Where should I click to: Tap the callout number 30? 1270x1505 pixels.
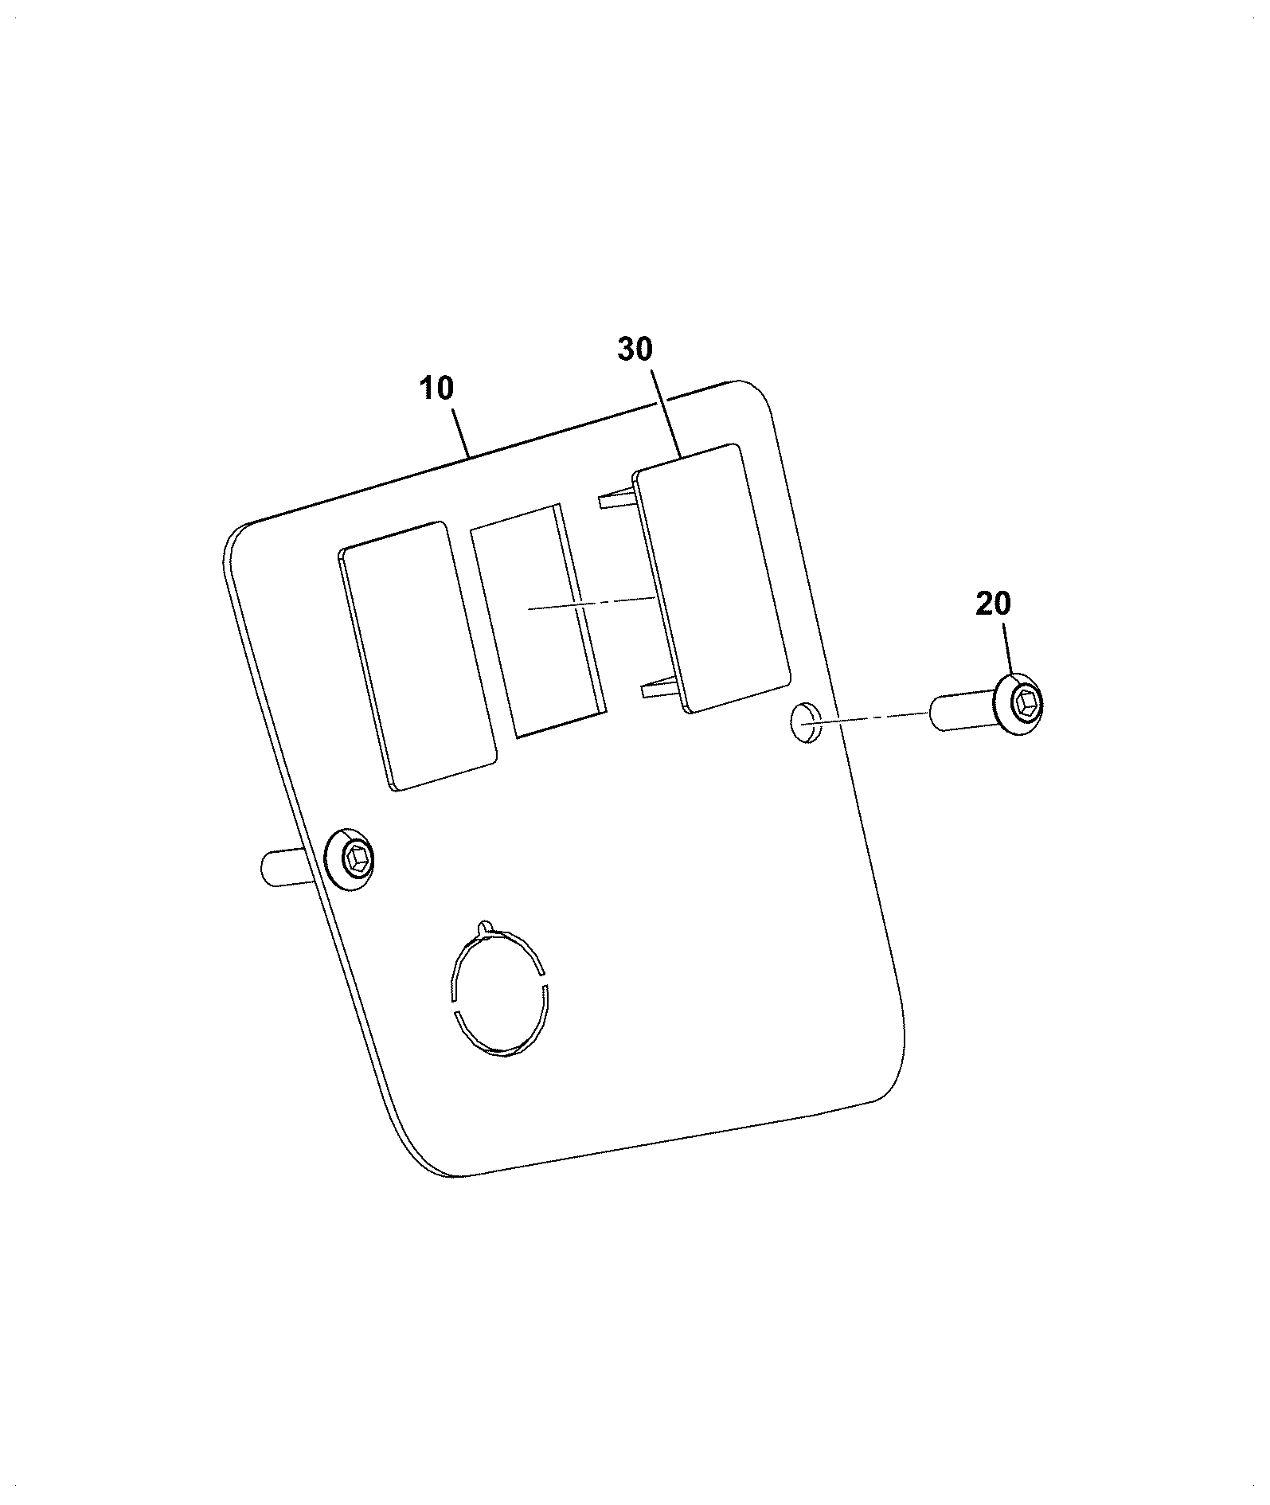(635, 349)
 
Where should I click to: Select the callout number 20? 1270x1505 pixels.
(993, 604)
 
